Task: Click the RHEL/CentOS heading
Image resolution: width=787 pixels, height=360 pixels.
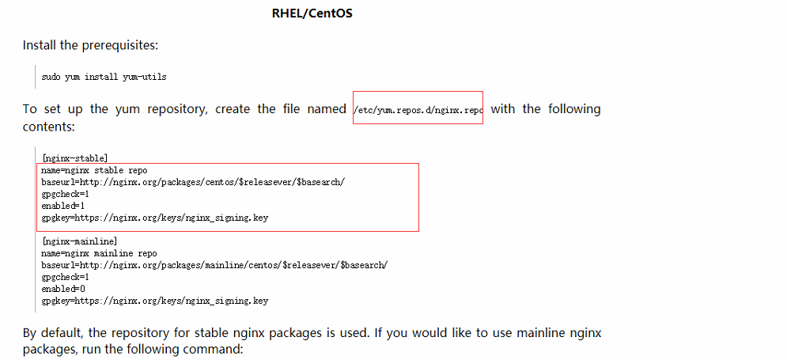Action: pyautogui.click(x=312, y=13)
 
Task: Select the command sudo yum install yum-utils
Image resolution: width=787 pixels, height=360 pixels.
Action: pyautogui.click(x=104, y=78)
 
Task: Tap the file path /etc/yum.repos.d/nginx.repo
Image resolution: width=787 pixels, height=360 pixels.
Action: pyautogui.click(x=418, y=109)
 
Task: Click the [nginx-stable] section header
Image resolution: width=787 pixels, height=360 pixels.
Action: pyautogui.click(x=75, y=158)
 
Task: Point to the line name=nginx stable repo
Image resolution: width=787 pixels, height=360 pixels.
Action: pyautogui.click(x=94, y=170)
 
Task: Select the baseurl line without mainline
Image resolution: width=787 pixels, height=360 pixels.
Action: pyautogui.click(x=193, y=182)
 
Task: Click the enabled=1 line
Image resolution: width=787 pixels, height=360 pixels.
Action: pyautogui.click(x=63, y=206)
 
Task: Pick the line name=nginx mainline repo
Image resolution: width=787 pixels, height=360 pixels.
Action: pyautogui.click(x=99, y=253)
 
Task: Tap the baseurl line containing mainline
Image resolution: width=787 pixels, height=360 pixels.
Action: pyautogui.click(x=215, y=265)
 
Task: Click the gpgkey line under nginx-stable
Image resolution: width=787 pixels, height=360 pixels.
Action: pyautogui.click(x=154, y=218)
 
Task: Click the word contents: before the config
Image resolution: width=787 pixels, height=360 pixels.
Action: pyautogui.click(x=49, y=127)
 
